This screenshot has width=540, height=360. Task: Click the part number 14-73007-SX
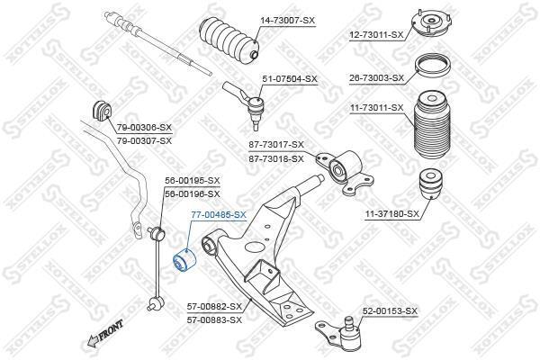click(x=287, y=21)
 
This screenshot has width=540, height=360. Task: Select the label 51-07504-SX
click(x=289, y=79)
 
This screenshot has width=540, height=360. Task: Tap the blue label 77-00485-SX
click(x=219, y=215)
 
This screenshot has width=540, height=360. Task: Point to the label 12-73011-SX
click(x=375, y=35)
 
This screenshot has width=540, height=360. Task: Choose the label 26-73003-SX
click(x=376, y=78)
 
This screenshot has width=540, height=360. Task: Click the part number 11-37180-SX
click(x=392, y=214)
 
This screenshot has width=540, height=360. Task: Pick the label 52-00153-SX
click(x=390, y=311)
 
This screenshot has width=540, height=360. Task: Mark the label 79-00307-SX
click(x=144, y=141)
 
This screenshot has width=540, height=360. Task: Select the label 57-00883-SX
click(x=214, y=320)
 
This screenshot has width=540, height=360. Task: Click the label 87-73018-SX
click(x=276, y=159)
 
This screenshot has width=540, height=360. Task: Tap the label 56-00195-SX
click(x=192, y=181)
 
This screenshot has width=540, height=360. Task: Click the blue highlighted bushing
click(x=184, y=260)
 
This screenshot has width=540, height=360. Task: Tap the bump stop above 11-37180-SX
click(x=430, y=184)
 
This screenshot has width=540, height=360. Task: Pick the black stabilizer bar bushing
click(x=103, y=111)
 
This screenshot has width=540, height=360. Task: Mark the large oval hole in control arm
click(x=256, y=247)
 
